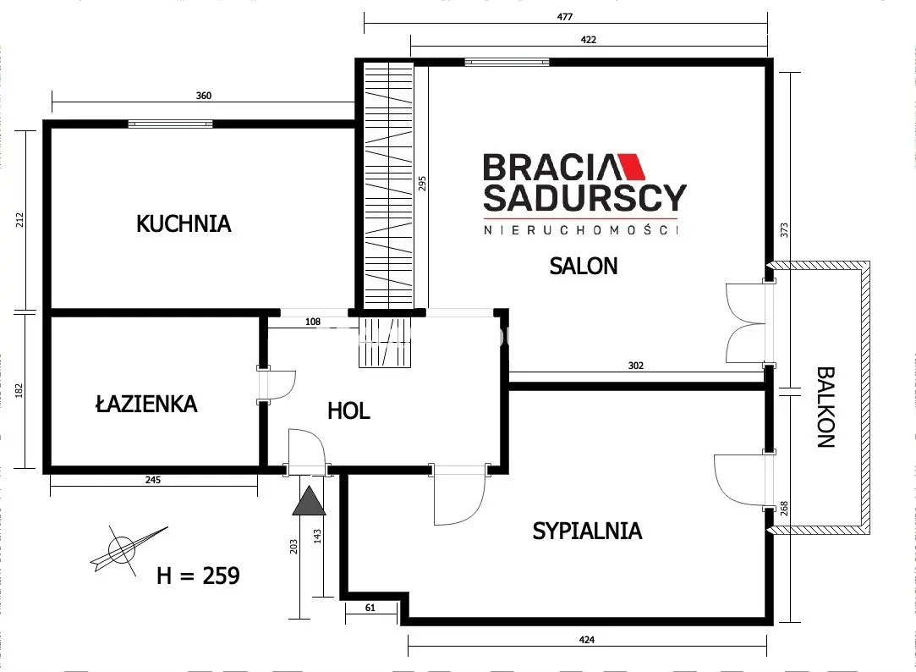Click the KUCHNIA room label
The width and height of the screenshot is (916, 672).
(x=184, y=224)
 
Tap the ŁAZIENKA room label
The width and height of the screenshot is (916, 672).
(x=146, y=405)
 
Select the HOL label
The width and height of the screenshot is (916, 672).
(x=348, y=411)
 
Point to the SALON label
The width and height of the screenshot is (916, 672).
(x=584, y=266)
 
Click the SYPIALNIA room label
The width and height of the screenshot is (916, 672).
(x=587, y=532)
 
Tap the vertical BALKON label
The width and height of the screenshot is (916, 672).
(x=826, y=407)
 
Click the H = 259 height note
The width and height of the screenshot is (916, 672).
(x=199, y=576)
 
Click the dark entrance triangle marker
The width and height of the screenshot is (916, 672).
(x=309, y=502)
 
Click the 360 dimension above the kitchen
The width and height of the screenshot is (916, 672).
(x=203, y=96)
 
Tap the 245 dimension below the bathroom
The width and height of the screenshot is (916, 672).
(x=152, y=480)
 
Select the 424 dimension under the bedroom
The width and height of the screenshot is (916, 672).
(x=588, y=640)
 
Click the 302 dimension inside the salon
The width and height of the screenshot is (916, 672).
(x=636, y=366)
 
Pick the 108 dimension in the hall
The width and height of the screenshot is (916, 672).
(x=314, y=322)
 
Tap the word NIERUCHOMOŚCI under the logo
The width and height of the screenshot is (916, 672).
(x=582, y=229)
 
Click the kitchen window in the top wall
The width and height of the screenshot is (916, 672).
(x=170, y=124)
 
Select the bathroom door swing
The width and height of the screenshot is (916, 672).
(x=280, y=385)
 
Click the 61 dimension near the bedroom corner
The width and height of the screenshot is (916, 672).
(x=370, y=607)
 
